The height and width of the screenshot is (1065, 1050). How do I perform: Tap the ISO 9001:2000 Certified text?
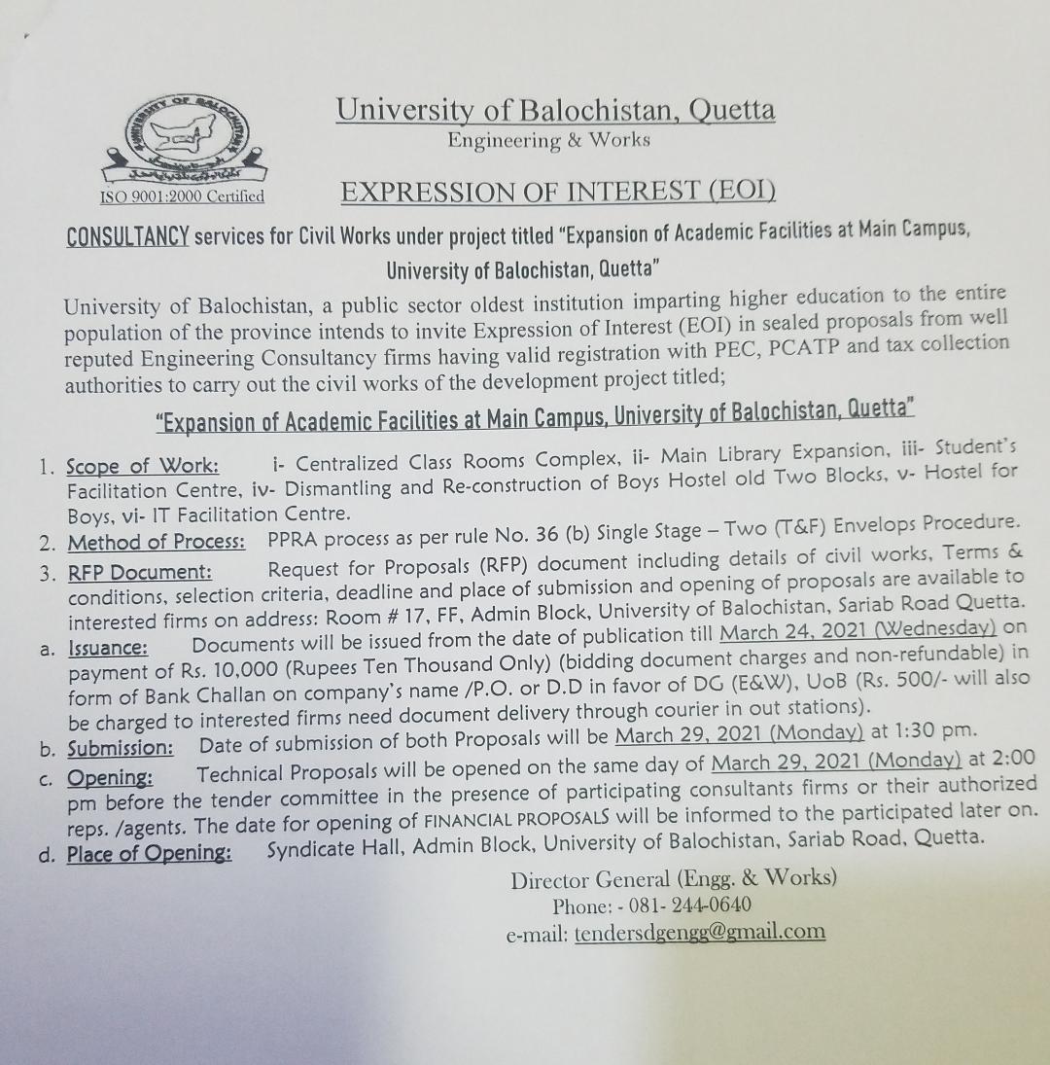pos(183,196)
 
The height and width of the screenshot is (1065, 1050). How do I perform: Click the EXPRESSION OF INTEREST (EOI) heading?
pos(558,191)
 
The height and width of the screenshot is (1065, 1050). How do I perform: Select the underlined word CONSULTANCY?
pos(126,236)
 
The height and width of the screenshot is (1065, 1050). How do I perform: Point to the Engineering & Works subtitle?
pos(548,140)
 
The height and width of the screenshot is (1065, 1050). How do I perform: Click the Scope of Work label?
pos(142,466)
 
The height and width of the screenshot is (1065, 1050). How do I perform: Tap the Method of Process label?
pos(156,542)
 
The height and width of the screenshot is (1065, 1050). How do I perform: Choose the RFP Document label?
pos(139,572)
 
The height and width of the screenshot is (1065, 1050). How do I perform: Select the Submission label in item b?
pos(120,748)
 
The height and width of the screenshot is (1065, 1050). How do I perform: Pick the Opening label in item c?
pos(109,777)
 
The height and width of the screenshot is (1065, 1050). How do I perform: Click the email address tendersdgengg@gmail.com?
pos(699,932)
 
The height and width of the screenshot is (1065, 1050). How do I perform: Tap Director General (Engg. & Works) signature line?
pos(674,878)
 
